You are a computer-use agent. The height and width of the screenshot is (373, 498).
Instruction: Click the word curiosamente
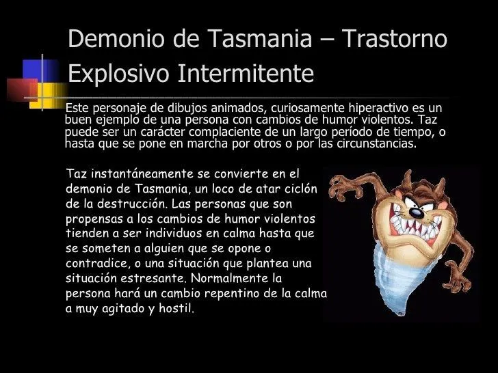click(304, 109)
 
